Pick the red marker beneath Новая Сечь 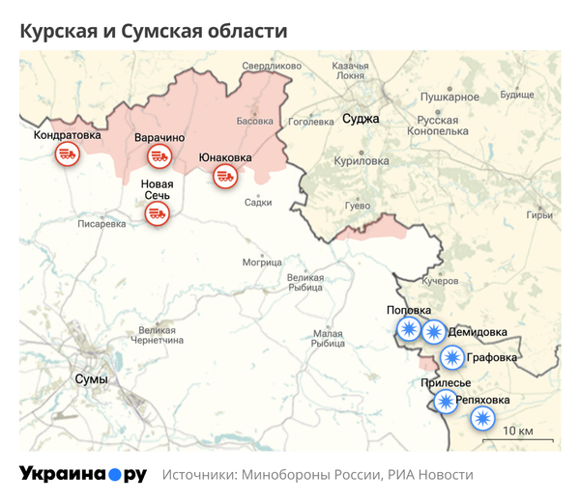(x=158, y=214)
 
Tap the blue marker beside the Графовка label (x=451, y=358)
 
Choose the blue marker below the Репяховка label (x=481, y=419)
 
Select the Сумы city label (x=91, y=379)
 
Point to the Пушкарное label (x=450, y=98)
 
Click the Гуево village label (x=358, y=207)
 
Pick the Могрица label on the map (x=262, y=262)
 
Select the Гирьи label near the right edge (x=539, y=214)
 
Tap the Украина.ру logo (x=83, y=474)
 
